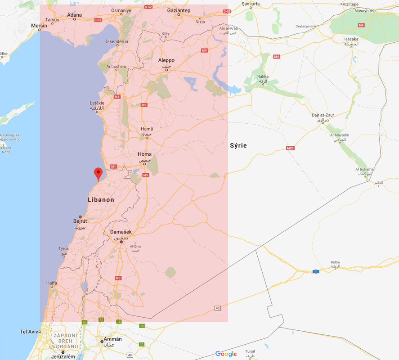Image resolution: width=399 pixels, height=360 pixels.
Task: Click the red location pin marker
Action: (98, 174)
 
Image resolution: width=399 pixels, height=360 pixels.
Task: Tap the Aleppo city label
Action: (166, 60)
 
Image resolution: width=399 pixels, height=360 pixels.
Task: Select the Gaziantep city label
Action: (179, 10)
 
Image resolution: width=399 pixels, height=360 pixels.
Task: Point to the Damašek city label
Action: (119, 232)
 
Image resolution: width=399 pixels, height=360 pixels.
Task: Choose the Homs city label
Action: (144, 154)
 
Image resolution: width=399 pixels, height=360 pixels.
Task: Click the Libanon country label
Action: (101, 200)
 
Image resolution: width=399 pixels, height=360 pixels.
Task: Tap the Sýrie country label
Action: (238, 145)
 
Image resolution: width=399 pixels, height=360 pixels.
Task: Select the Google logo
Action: (226, 354)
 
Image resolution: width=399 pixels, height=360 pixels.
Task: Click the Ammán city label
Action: (112, 339)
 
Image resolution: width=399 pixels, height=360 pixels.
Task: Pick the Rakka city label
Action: (263, 76)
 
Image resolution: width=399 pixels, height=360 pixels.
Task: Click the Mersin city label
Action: (39, 26)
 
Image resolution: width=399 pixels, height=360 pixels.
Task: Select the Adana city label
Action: (74, 15)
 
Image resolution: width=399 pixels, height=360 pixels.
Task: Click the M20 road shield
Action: (290, 148)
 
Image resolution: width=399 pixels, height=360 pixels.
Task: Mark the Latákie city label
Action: (97, 103)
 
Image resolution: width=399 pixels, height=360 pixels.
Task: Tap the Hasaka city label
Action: (351, 39)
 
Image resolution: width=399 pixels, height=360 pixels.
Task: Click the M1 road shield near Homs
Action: (113, 166)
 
